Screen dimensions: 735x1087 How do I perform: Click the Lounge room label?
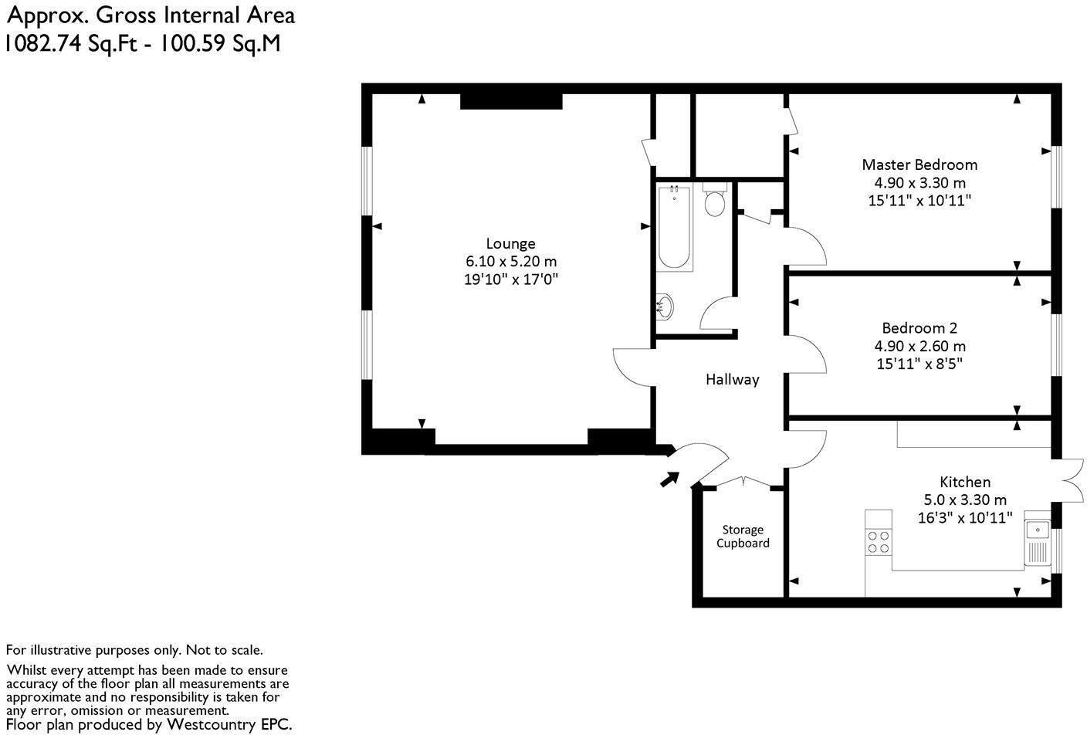[510, 244]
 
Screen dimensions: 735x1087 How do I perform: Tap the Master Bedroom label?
[919, 164]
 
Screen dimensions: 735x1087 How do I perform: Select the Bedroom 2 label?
[919, 328]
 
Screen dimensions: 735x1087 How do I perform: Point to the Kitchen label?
[965, 482]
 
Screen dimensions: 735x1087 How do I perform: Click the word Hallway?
[732, 380]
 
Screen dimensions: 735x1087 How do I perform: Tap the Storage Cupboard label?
[742, 537]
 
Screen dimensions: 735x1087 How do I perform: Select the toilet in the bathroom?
[715, 202]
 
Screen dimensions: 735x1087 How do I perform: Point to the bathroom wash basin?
[665, 307]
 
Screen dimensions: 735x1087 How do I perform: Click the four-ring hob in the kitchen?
[878, 542]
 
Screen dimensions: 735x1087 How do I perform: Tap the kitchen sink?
[1037, 530]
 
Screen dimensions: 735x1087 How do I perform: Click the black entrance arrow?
[669, 479]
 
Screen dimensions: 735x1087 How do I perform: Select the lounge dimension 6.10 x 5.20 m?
[510, 262]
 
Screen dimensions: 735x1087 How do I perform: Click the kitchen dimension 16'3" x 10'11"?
[965, 518]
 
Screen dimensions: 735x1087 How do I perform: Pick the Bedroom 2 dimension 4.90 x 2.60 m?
[919, 346]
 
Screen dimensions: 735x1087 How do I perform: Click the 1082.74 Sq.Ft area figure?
[76, 42]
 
